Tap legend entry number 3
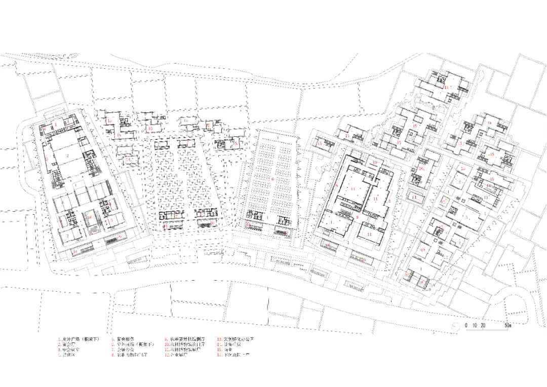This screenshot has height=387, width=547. (69, 350)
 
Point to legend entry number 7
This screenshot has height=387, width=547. (121, 350)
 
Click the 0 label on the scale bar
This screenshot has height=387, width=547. (466, 324)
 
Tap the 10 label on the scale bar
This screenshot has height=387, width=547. (475, 324)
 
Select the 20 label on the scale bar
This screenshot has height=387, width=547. (484, 324)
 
